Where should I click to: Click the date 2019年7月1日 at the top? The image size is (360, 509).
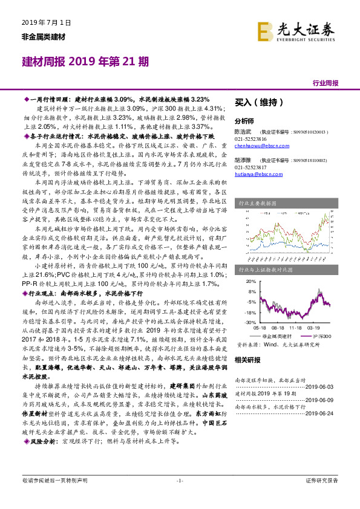pos(42,23)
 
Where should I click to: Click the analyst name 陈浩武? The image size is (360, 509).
pos(242,131)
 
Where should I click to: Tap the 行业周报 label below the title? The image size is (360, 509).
pos(325,82)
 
